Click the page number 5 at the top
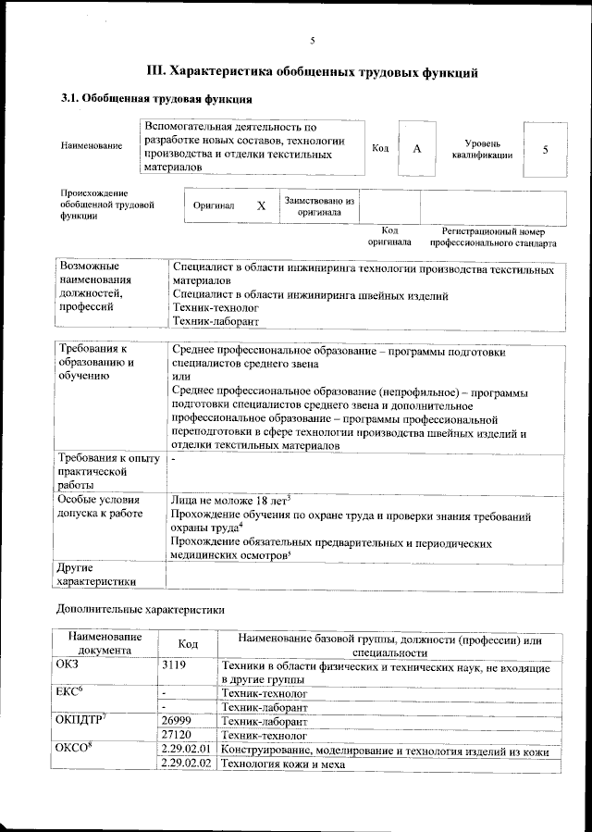pos(312,41)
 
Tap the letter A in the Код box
pos(416,149)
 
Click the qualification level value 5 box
pos(545,149)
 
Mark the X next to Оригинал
pos(261,205)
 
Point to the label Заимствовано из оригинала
pos(319,205)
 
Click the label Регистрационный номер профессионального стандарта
pos(493,237)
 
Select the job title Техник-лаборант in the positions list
pos(216,321)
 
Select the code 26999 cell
pos(176,719)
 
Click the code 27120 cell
pos(176,735)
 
